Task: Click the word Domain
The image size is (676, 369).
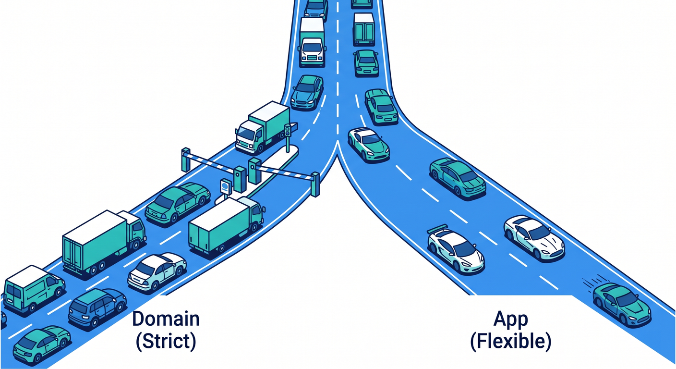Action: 166,319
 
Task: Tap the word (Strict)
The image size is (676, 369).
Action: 166,341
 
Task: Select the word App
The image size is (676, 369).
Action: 511,320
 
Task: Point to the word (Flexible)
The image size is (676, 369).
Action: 511,341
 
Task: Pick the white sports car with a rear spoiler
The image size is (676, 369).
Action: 455,249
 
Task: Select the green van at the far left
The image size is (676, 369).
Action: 34,289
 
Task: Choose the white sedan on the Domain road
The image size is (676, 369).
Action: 157,271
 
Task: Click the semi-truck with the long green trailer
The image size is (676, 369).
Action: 104,242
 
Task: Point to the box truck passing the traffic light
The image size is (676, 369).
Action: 262,127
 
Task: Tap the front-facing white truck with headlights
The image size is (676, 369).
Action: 312,42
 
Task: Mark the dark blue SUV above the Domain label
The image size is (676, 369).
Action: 97,307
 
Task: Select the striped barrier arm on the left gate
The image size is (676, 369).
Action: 212,163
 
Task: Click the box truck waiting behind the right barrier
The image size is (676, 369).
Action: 227,225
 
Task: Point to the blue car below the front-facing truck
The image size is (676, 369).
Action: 307,92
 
